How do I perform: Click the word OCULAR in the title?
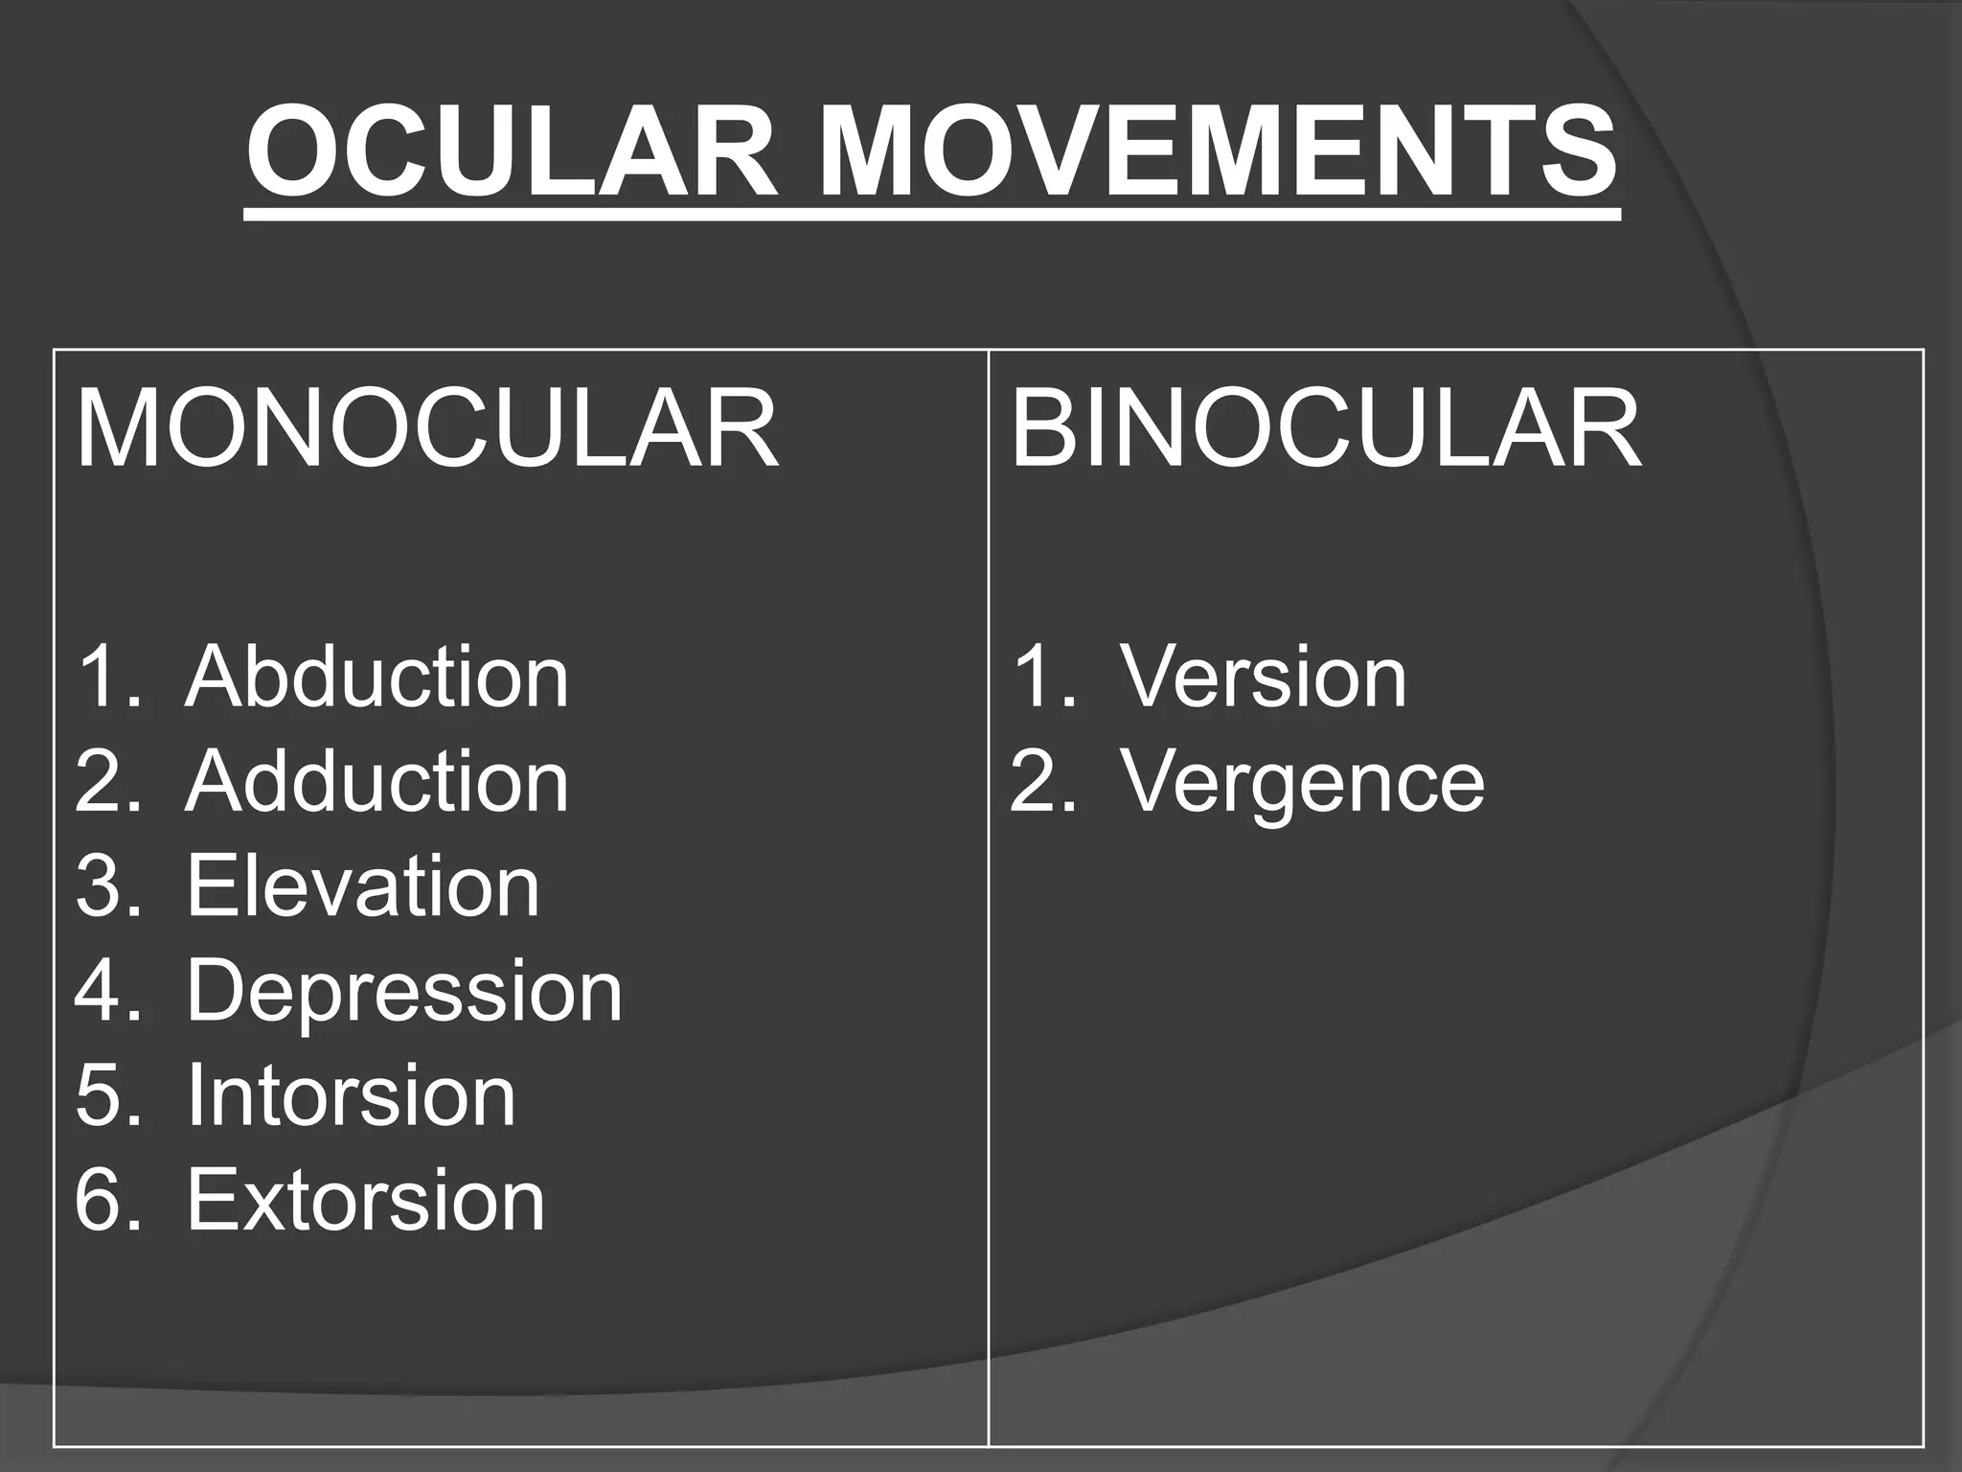tap(512, 153)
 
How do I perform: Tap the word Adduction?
tap(377, 782)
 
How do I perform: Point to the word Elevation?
tap(363, 886)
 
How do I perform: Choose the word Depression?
tap(404, 991)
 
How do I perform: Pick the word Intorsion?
tap(351, 1095)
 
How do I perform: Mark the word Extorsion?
tap(365, 1200)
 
